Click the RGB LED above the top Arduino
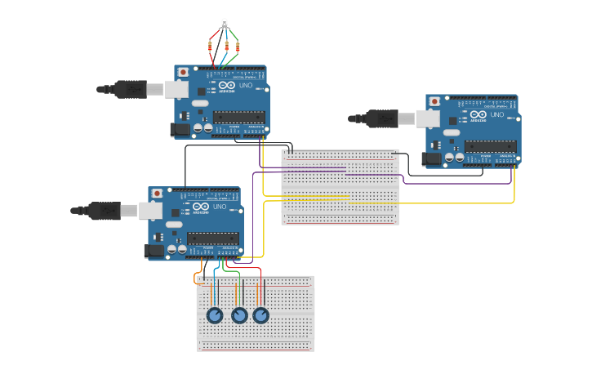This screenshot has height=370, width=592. click(225, 23)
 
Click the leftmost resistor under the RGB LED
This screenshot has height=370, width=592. click(214, 47)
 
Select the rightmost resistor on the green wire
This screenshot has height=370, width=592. click(238, 47)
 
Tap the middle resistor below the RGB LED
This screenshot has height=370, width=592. click(226, 47)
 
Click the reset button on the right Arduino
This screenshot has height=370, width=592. click(434, 101)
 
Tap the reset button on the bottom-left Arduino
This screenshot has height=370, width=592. click(157, 194)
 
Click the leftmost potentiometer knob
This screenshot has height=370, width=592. click(215, 315)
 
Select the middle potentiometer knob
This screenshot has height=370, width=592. click(239, 315)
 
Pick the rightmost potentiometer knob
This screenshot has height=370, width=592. click(260, 315)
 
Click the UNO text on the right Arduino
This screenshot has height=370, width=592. click(496, 115)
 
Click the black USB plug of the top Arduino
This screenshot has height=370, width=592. click(131, 89)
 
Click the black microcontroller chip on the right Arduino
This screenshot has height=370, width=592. click(490, 146)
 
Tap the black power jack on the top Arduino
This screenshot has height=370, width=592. click(180, 129)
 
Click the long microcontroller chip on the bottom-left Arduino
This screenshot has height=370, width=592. click(213, 238)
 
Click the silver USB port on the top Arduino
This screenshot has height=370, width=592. click(176, 89)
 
